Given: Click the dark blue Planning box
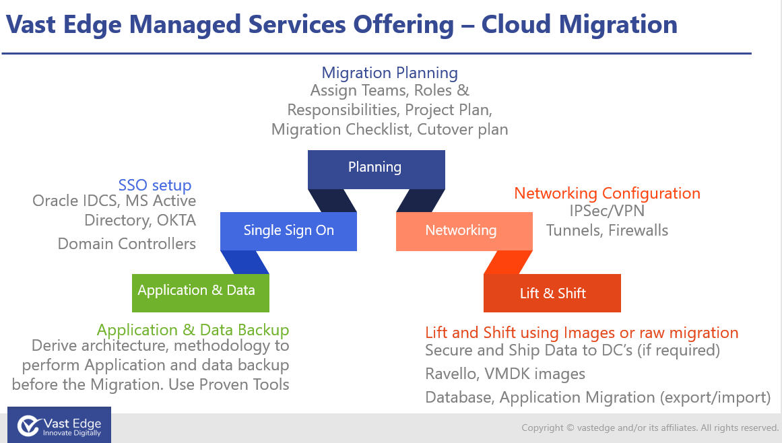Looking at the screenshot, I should (x=376, y=169).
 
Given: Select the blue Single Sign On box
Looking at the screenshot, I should (x=288, y=231).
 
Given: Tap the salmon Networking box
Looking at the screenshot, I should (x=461, y=231).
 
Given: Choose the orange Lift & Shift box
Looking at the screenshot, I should (x=552, y=294).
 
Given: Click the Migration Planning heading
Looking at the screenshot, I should (x=389, y=73).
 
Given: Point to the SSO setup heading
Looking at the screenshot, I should (x=155, y=185).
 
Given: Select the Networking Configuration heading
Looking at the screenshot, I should (x=607, y=193).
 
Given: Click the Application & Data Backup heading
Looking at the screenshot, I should (x=193, y=330).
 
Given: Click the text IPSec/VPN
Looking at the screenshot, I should (x=607, y=211).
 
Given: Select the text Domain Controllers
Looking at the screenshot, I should (x=127, y=244).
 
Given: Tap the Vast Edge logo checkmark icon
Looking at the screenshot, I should (x=28, y=425).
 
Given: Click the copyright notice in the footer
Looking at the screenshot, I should (x=650, y=428).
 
